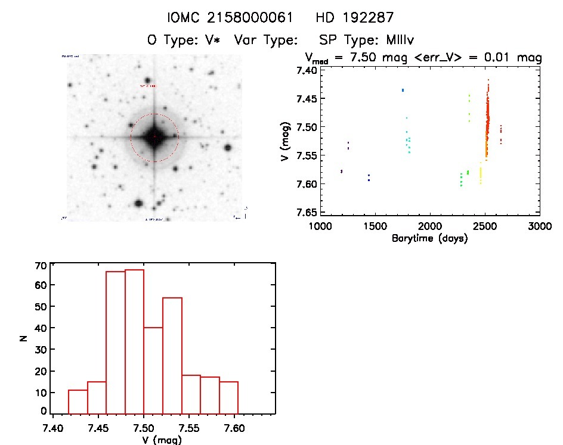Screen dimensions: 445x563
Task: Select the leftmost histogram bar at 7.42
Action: click(x=78, y=402)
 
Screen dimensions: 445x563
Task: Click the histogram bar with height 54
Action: click(x=172, y=355)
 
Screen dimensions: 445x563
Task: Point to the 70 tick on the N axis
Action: click(x=41, y=266)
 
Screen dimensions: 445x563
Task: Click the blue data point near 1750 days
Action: click(x=403, y=90)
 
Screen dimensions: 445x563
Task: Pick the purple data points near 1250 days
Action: click(x=348, y=145)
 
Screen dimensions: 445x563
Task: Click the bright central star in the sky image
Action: click(x=154, y=137)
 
